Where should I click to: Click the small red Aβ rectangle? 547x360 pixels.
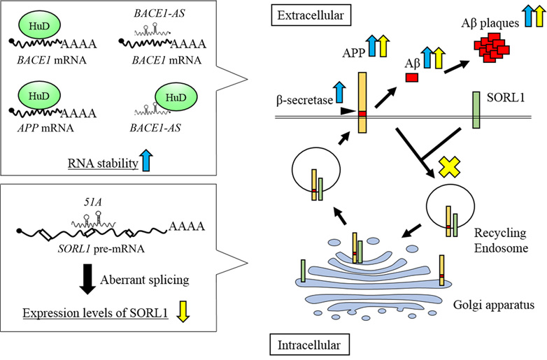413,76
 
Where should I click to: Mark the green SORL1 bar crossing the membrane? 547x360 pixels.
476,111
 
